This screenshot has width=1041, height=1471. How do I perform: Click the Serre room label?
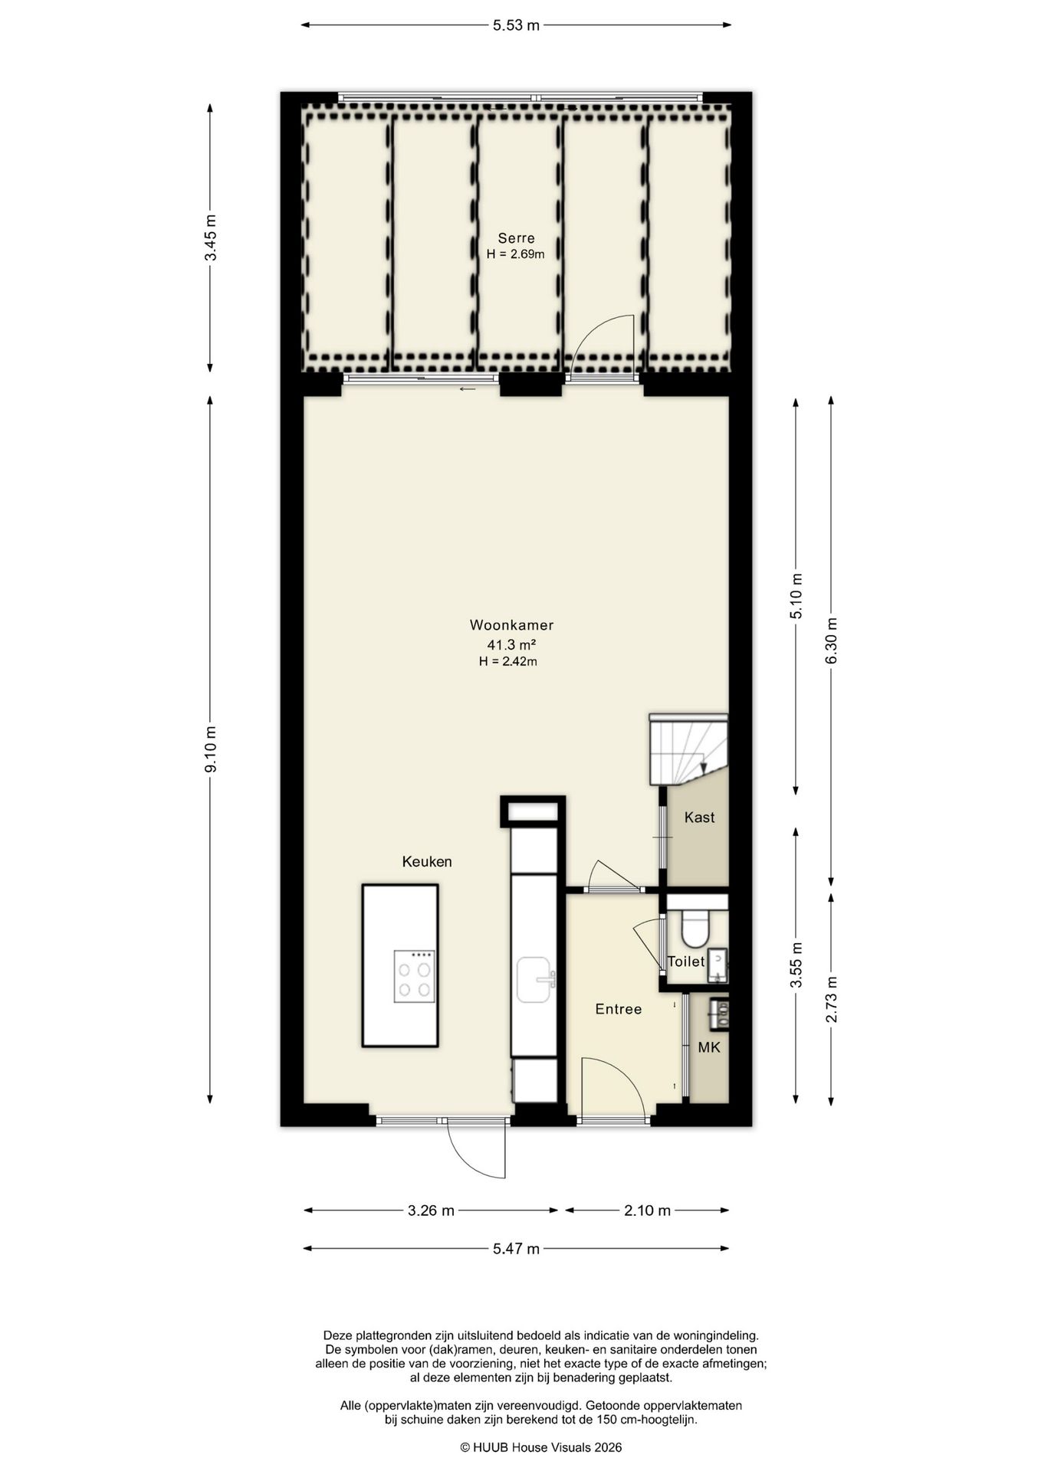(516, 238)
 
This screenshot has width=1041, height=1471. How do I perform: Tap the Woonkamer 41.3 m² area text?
(511, 644)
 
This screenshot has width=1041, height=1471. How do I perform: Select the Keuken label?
(427, 861)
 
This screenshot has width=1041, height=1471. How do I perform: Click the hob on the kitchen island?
(414, 976)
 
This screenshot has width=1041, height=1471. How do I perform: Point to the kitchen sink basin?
(534, 979)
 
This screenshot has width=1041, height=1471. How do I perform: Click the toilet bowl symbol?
(697, 927)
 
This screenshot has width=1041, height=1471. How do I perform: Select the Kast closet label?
(699, 817)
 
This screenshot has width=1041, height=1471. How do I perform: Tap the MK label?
(708, 1047)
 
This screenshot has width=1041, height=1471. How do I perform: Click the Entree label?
(618, 1009)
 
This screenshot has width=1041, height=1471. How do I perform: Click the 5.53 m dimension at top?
(516, 25)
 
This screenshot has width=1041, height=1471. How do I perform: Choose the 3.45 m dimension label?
(211, 238)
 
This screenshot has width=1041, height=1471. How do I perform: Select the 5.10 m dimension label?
(796, 596)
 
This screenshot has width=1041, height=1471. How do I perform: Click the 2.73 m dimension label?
(832, 998)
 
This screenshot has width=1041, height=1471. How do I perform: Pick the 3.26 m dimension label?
(431, 1211)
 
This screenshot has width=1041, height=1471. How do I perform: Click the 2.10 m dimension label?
(647, 1211)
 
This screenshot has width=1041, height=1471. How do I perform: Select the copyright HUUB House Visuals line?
(540, 1447)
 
